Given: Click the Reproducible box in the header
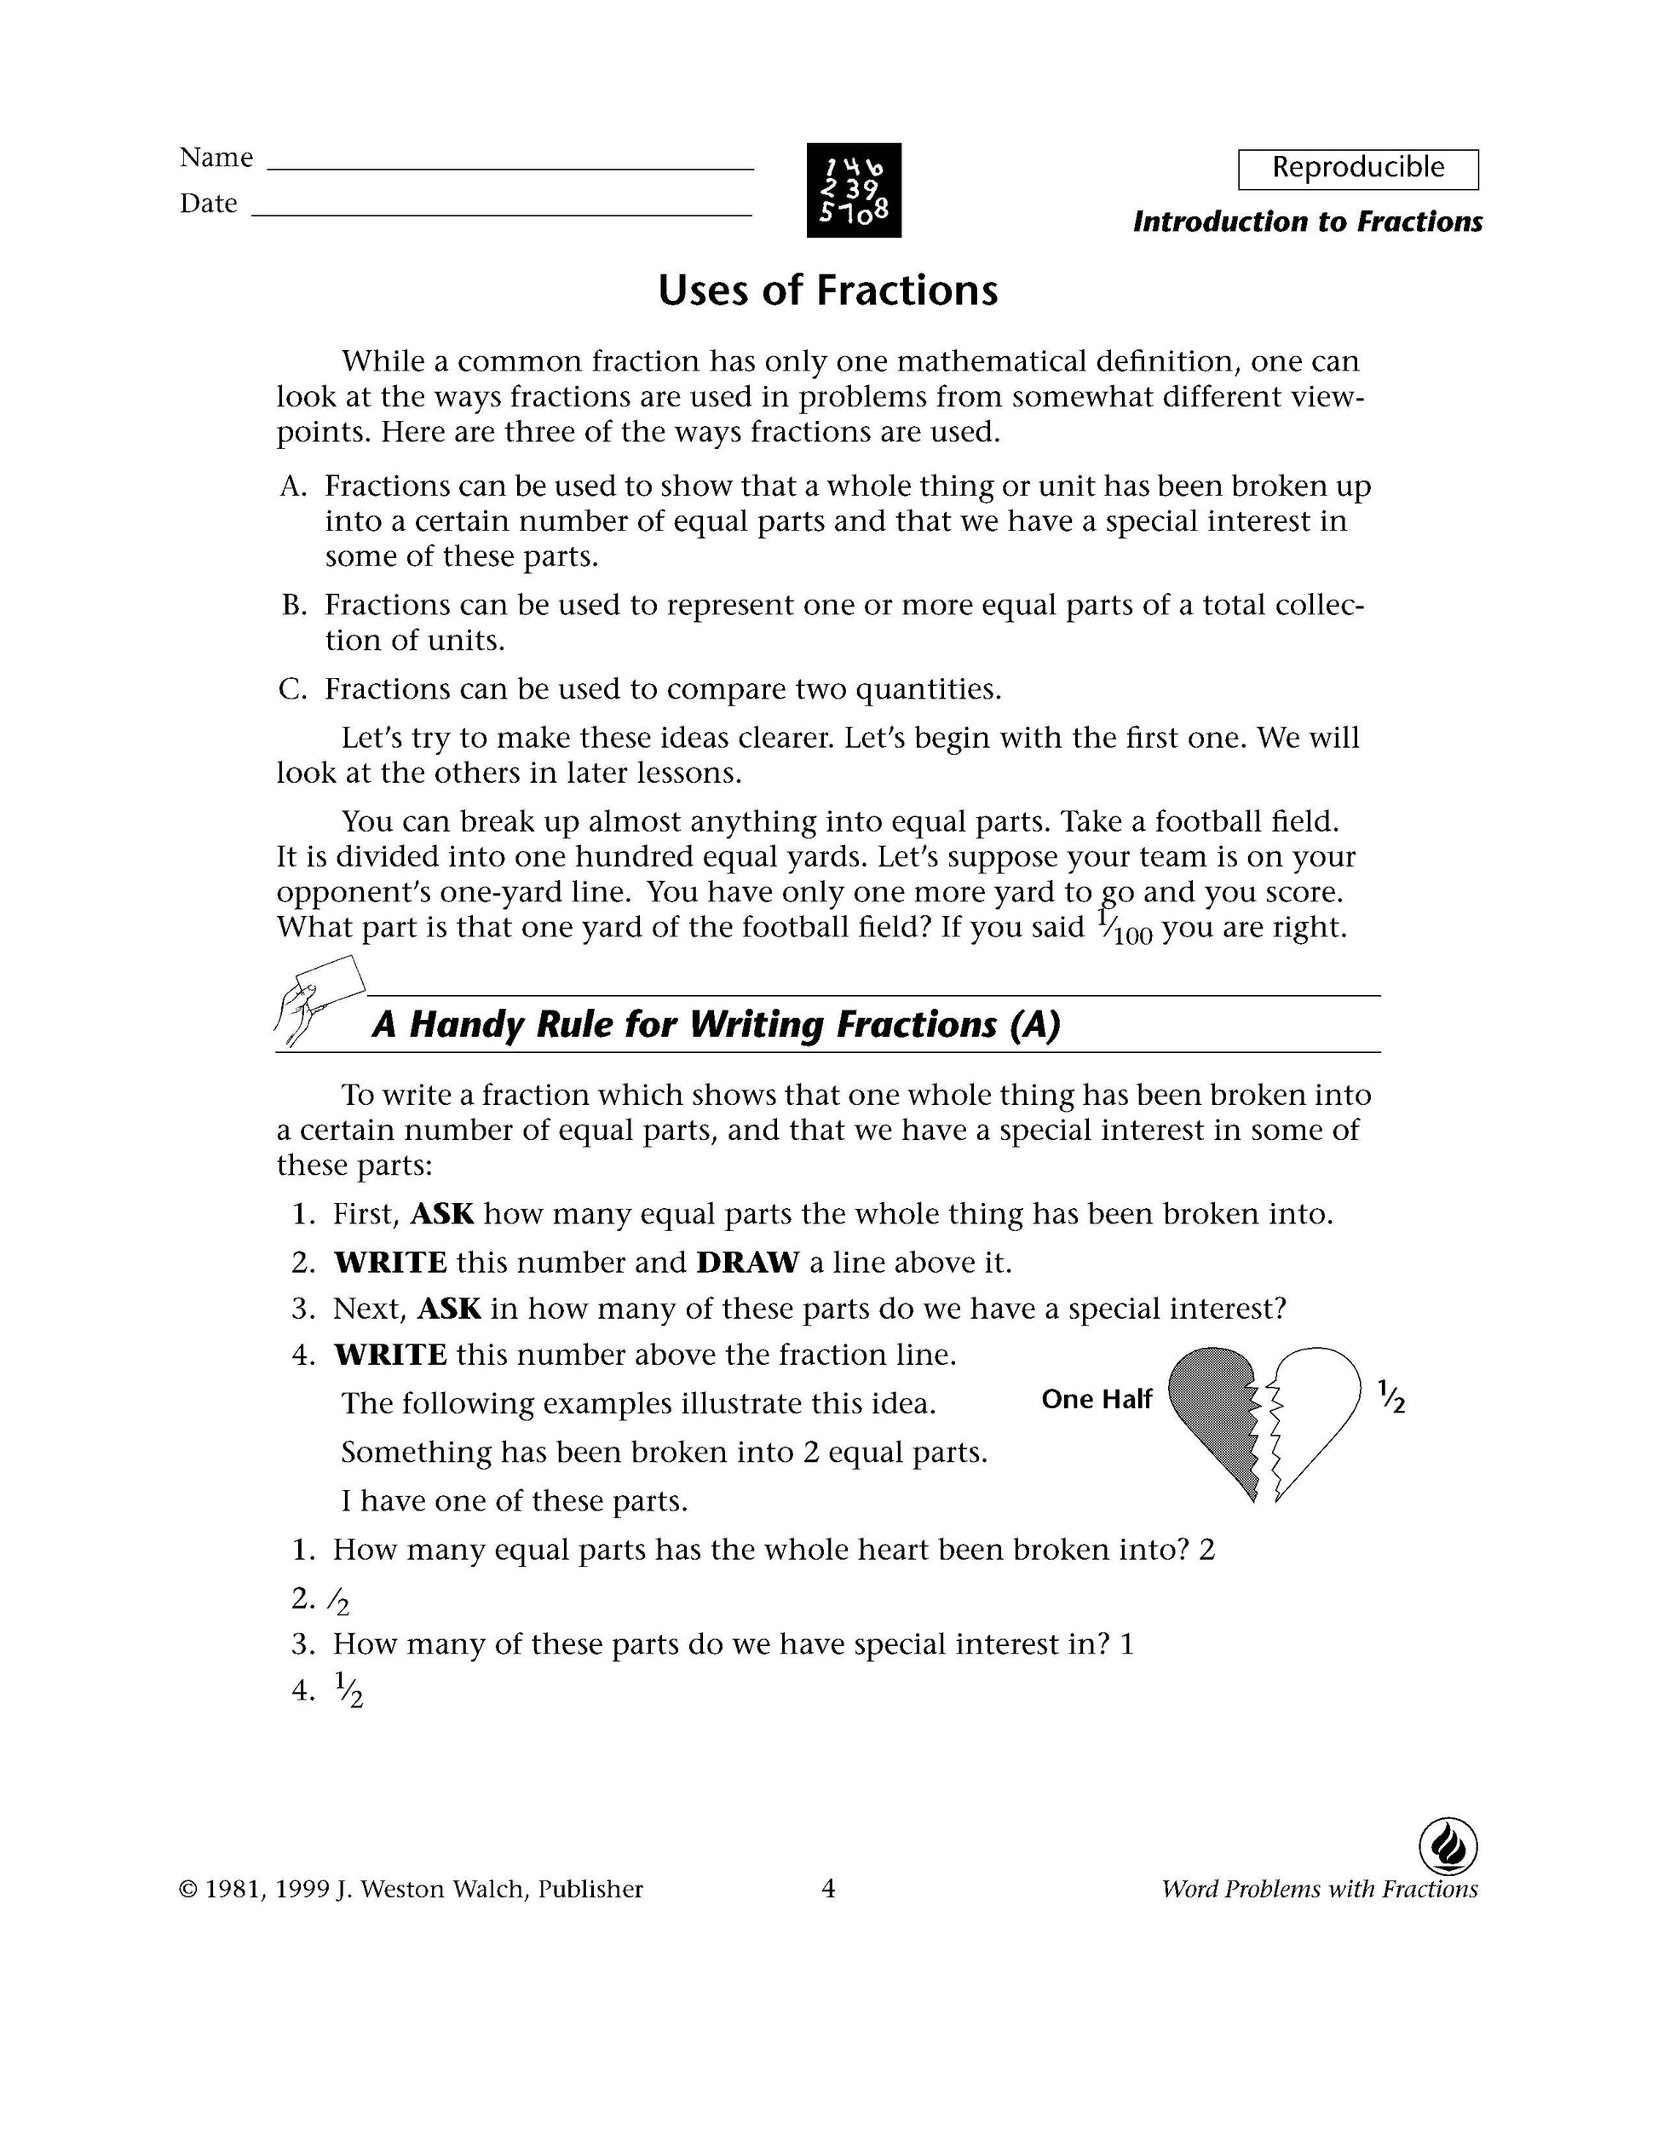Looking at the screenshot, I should click(x=1357, y=169).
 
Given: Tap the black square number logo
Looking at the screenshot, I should click(x=853, y=190).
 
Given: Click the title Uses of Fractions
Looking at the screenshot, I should click(x=827, y=291).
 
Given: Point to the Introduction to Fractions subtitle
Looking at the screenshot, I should click(x=1307, y=222).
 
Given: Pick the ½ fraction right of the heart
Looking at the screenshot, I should click(x=1390, y=1397).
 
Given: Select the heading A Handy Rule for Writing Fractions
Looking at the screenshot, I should click(x=716, y=1026).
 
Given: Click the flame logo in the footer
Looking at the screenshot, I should click(x=1448, y=1848).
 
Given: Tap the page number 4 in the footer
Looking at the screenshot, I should click(x=827, y=1889).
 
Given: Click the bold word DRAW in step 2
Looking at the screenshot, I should click(x=747, y=1263).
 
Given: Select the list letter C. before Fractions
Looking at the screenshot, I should click(x=292, y=690).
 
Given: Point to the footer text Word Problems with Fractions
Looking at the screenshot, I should click(x=1319, y=1889).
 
